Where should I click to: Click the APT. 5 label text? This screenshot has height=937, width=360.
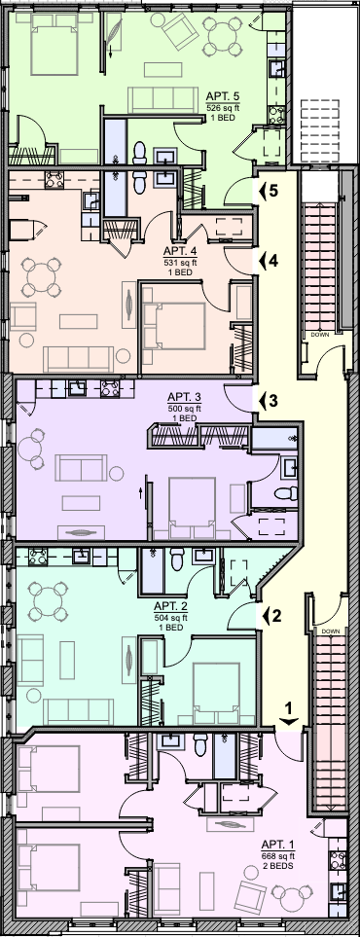click(x=225, y=96)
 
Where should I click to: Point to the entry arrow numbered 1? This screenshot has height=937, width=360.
click(x=288, y=715)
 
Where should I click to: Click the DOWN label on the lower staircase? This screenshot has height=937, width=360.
click(x=329, y=631)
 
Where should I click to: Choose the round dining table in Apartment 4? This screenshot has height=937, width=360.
click(x=41, y=278)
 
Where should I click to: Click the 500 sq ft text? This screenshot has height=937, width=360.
click(x=184, y=409)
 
